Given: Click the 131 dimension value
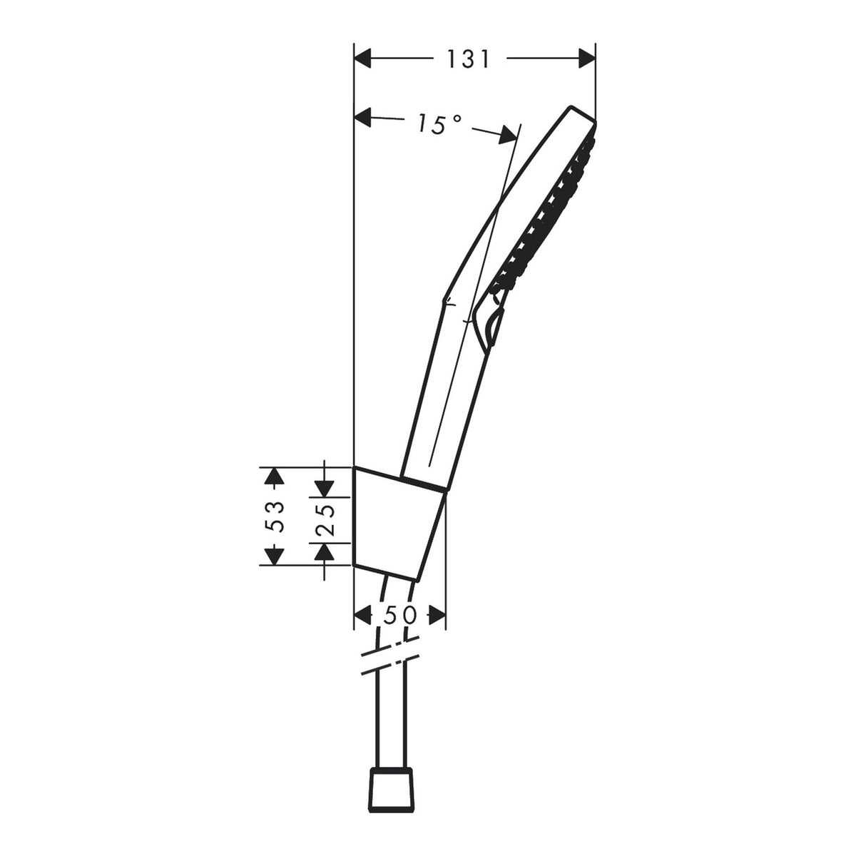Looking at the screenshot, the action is point(468,59).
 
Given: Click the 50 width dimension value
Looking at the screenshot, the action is point(400,616).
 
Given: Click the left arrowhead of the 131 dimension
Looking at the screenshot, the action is point(362,58).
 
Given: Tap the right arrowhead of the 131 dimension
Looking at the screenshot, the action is point(587,58).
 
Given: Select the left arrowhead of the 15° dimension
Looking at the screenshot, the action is point(362,118).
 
